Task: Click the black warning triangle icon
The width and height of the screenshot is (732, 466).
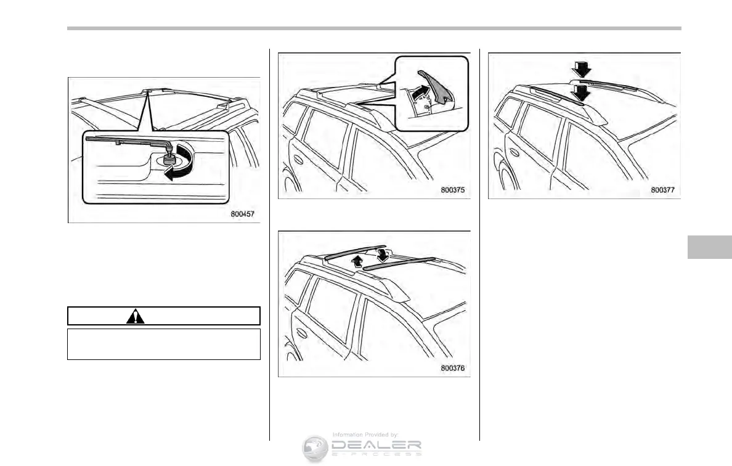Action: pos(135,316)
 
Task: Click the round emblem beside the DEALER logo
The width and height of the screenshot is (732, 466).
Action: pos(315,448)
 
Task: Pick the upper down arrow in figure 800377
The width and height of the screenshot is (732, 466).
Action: pos(580,70)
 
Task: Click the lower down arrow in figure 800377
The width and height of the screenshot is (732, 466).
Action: pos(580,93)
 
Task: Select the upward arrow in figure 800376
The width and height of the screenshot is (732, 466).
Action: pos(356,261)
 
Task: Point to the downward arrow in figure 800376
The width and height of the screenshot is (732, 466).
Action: pos(383,254)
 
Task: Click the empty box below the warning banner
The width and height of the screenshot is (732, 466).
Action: pos(163,343)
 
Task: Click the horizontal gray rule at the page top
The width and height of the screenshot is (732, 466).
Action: pos(373,28)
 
